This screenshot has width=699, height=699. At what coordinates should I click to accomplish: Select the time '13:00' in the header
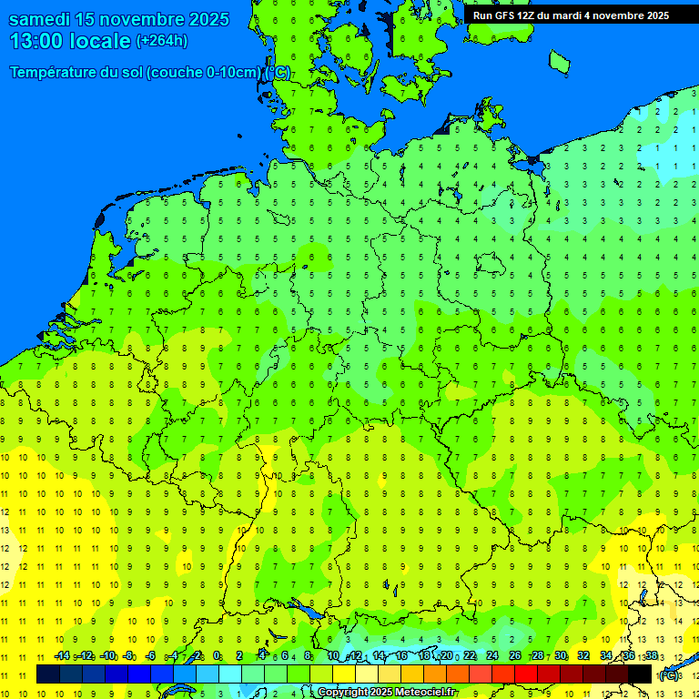click(x=36, y=41)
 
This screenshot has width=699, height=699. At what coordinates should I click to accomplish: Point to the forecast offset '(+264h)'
click(x=161, y=41)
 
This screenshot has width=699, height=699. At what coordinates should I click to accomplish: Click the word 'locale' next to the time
click(x=100, y=41)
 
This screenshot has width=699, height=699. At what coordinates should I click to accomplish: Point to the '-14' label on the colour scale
click(x=62, y=656)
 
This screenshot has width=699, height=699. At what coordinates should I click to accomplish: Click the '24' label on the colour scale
click(x=492, y=656)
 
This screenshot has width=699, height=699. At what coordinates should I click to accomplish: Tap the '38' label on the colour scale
click(x=651, y=656)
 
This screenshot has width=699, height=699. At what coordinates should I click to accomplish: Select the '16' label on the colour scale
click(x=401, y=656)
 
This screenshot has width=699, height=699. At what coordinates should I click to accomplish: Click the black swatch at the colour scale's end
click(x=640, y=674)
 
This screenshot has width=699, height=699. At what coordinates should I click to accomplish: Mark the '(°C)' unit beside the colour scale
click(x=668, y=674)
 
